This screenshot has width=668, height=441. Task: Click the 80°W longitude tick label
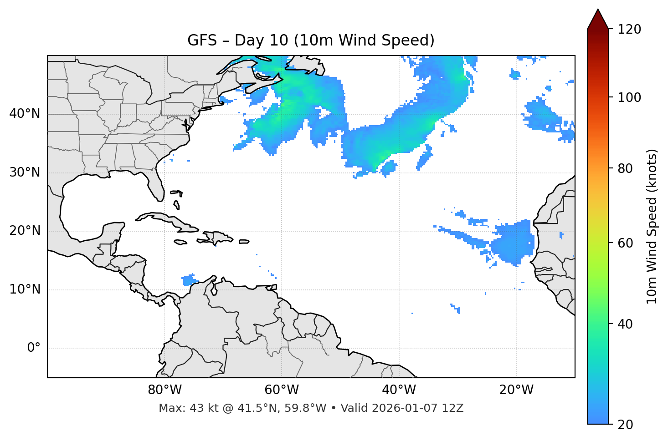(x=164, y=390)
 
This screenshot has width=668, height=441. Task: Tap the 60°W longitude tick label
(x=282, y=390)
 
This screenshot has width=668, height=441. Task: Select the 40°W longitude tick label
(x=399, y=390)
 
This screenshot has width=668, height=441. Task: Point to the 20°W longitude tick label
(x=516, y=390)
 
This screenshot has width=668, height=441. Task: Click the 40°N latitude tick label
(x=25, y=114)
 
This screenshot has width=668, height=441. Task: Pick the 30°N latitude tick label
(x=25, y=172)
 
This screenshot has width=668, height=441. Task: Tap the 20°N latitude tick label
(x=25, y=231)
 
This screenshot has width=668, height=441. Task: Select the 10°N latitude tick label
(x=25, y=289)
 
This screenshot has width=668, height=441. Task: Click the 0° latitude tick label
(x=34, y=348)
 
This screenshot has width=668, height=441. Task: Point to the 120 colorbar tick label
(x=629, y=29)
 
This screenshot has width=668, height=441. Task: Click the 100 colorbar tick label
(x=629, y=97)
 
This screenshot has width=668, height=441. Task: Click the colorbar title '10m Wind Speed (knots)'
(x=652, y=226)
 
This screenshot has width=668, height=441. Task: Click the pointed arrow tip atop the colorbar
(x=598, y=11)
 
